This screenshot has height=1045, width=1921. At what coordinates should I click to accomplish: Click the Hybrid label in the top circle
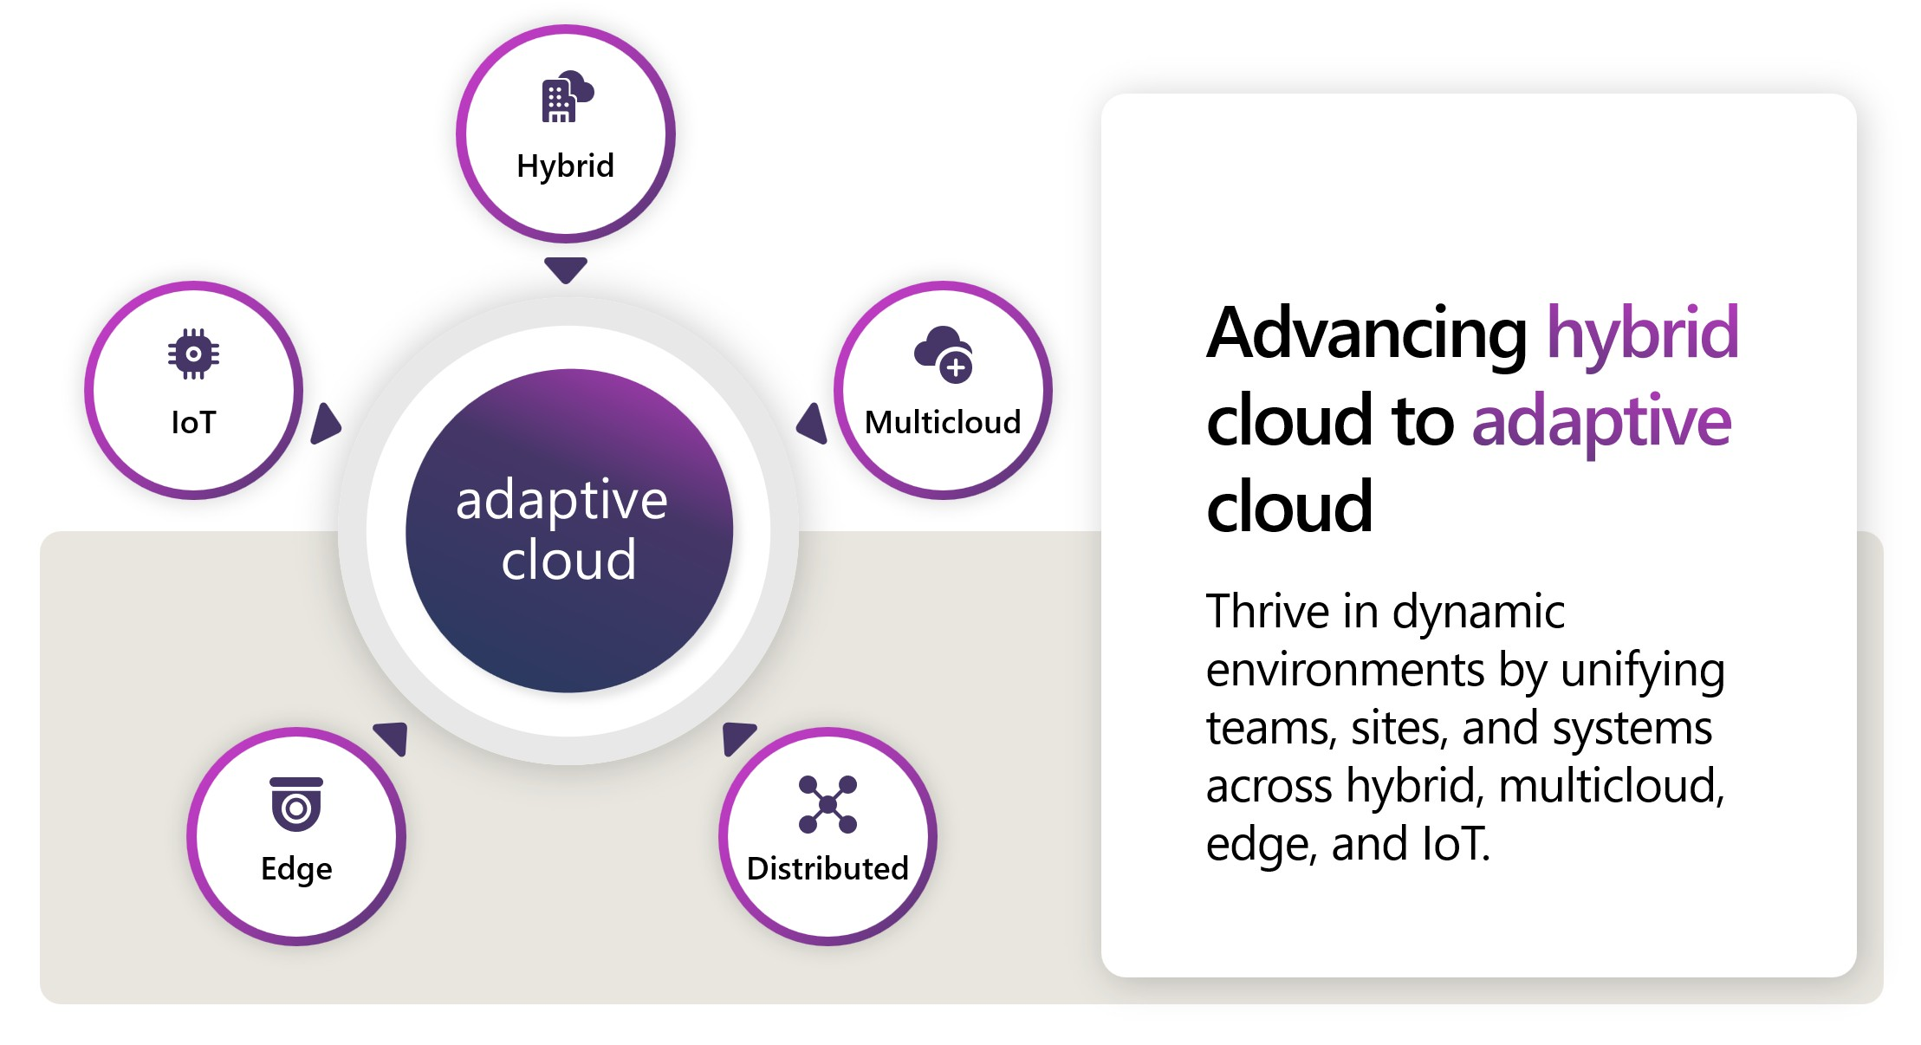tap(565, 166)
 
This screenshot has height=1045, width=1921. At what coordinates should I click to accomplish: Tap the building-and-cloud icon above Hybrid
tap(566, 96)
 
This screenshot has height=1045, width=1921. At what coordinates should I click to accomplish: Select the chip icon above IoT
tap(193, 354)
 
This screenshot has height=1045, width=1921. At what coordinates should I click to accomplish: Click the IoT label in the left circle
tap(193, 422)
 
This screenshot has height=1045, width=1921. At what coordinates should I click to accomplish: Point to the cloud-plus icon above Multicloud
tap(944, 354)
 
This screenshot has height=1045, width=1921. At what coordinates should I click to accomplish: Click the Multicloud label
tap(943, 422)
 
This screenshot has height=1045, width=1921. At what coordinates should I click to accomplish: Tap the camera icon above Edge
tap(296, 803)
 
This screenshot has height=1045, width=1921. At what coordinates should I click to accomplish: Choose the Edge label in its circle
tap(296, 868)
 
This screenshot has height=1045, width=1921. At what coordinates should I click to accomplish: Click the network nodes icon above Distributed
tap(827, 804)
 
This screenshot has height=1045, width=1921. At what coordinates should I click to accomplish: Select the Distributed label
tap(827, 868)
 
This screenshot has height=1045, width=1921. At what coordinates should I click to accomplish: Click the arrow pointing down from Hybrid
tap(566, 269)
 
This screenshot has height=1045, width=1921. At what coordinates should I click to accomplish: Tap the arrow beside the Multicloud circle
tap(813, 424)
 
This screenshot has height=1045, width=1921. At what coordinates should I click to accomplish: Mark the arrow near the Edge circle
tap(393, 737)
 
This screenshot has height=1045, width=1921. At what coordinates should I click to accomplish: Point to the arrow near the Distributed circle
tap(737, 737)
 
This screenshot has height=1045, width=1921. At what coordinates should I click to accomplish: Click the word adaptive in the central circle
tap(561, 501)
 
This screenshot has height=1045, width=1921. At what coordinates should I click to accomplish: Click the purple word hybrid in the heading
tap(1643, 334)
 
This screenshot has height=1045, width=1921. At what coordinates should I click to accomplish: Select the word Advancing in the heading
tap(1366, 334)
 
